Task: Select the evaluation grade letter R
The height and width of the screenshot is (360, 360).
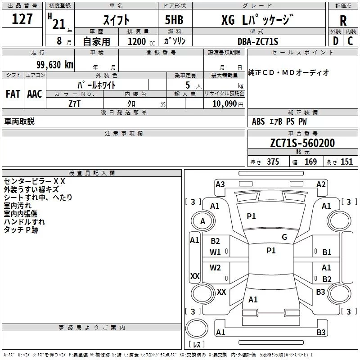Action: (x=343, y=21)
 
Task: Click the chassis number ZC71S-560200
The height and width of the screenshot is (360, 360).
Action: (x=302, y=143)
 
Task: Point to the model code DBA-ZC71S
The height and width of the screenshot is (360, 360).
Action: (x=258, y=41)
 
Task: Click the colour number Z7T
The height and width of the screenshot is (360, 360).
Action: (x=75, y=103)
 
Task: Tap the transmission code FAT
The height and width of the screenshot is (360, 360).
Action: (x=13, y=94)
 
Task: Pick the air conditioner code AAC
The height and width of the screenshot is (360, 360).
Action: (x=35, y=94)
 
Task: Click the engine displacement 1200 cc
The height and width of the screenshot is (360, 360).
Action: (x=139, y=41)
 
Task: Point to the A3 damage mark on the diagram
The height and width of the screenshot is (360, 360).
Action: (x=220, y=184)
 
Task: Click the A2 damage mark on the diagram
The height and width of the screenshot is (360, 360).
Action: (x=321, y=184)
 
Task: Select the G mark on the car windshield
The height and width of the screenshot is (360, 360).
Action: (x=284, y=237)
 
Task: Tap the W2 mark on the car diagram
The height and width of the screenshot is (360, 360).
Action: (x=216, y=268)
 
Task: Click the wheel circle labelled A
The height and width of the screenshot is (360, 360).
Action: (x=202, y=221)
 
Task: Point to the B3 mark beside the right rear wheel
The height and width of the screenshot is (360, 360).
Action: (x=320, y=292)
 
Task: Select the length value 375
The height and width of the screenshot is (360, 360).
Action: (x=272, y=162)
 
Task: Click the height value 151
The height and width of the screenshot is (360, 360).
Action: (x=346, y=162)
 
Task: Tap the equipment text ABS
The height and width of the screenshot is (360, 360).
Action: (x=259, y=121)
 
